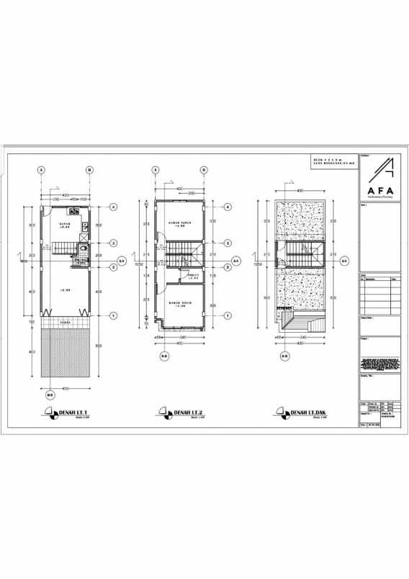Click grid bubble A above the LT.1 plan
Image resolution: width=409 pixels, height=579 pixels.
pos(42,170)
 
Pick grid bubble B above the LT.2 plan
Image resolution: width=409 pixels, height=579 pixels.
pos(204,170)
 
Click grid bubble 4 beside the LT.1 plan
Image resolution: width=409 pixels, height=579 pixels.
pos(113,207)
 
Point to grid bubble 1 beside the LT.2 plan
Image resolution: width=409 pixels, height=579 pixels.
pos(228,315)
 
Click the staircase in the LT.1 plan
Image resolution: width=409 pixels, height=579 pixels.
pos(60,249)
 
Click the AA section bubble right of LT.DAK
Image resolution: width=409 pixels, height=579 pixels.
pos(344,260)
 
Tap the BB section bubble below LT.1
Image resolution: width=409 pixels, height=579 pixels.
pos(50,395)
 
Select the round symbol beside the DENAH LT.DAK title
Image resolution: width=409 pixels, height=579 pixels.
pos(279,413)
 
